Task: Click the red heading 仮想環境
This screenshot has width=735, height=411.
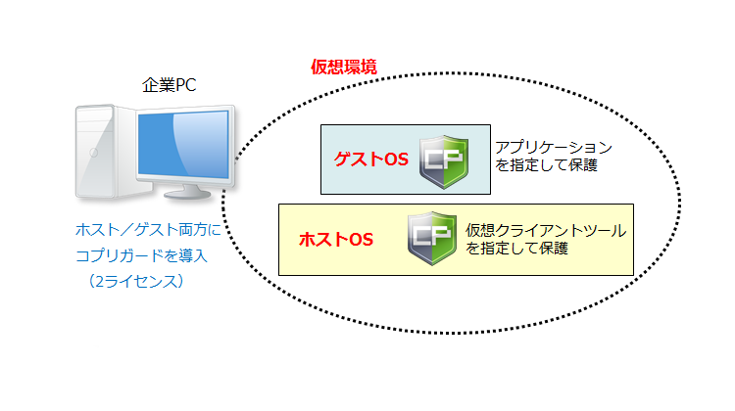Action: (344, 67)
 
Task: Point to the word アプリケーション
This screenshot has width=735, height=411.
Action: (553, 148)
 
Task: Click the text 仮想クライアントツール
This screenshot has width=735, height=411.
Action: (545, 231)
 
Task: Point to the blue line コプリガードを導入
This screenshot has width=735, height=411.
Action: (143, 256)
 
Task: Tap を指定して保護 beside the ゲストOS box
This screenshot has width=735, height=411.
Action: (546, 166)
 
